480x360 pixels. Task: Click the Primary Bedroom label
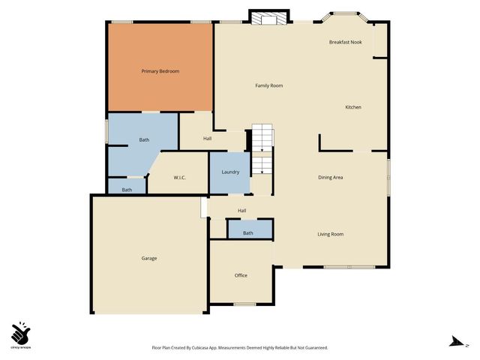coord(160,71)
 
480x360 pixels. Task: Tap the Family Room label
coord(268,85)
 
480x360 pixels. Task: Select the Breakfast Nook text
coord(345,42)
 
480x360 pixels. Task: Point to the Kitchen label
coord(352,107)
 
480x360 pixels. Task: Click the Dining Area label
coord(330,177)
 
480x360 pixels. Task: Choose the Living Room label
coord(330,234)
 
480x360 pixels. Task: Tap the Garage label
coord(149,258)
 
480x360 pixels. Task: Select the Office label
coord(241,275)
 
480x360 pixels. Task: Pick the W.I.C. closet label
coord(179,177)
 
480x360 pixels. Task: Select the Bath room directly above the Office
coord(249,232)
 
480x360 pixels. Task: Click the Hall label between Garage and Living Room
coord(241,210)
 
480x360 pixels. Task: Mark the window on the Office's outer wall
coord(244,304)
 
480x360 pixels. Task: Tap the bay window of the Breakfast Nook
coord(345,13)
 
